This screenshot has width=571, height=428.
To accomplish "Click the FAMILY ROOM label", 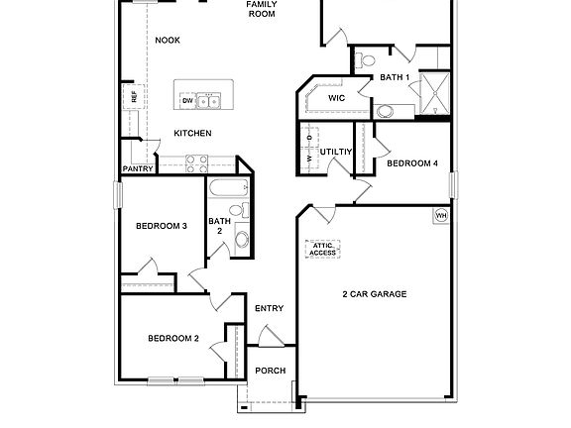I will point(262,10).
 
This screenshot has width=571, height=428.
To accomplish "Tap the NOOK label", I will point(168,40).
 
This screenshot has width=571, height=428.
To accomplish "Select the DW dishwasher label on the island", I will point(186,101).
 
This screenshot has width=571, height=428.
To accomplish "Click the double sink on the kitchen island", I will point(208,101).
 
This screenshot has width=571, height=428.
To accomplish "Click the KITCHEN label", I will point(192,133).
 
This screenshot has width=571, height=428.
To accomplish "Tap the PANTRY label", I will point(137,169).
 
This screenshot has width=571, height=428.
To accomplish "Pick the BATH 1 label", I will point(394,77).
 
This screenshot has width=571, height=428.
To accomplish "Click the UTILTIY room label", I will point(336,152).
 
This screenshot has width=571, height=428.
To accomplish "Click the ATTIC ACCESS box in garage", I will point(321,249).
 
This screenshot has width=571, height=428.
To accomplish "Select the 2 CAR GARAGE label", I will point(375,294).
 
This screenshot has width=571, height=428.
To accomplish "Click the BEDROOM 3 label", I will point(161,226).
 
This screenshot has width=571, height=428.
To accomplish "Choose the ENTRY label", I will point(269,308).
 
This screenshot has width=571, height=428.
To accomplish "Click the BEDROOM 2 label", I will point(173,339).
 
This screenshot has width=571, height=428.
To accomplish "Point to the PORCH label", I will point(271,371).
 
